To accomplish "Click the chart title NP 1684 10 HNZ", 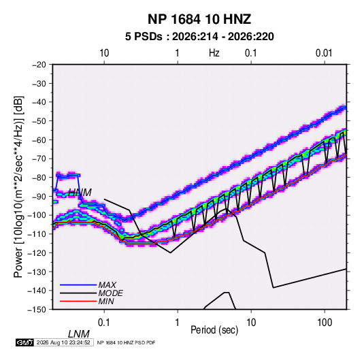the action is point(199,19).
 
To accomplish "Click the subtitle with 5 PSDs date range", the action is point(199,37).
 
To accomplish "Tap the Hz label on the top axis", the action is point(214,53).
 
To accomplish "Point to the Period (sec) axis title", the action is point(214,330).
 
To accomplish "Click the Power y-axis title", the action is point(18,186).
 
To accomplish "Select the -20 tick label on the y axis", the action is point(39,65).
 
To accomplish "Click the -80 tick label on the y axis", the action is point(39,177).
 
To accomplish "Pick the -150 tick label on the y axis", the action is point(37,309).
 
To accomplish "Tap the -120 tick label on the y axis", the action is point(37,252).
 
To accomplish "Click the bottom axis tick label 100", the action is point(325,323).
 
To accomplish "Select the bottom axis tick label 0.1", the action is point(104,323).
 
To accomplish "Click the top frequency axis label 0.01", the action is point(324,53).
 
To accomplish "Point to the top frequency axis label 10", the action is point(104,53).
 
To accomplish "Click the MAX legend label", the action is point(107,285).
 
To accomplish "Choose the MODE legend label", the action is point(110,293).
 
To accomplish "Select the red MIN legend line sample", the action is point(78,301).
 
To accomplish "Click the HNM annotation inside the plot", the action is point(80,193).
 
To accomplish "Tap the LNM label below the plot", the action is point(78,334).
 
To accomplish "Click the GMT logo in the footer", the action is point(24,342).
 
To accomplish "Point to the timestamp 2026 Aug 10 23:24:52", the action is point(63,342).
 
